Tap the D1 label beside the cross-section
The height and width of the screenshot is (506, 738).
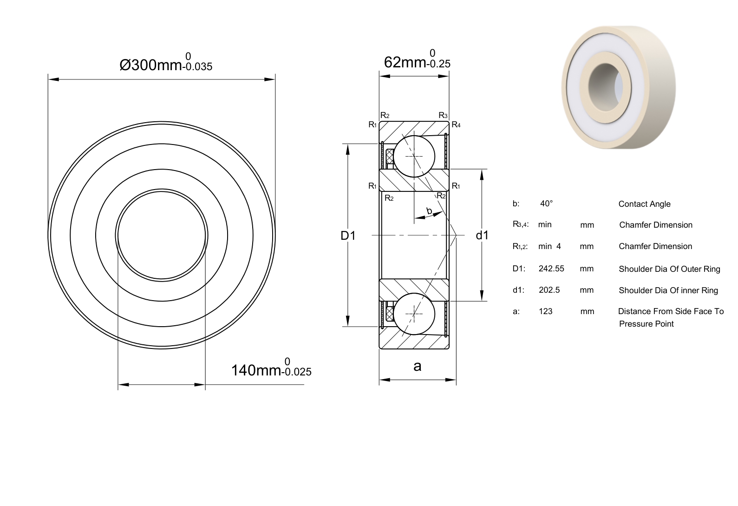point(348,236)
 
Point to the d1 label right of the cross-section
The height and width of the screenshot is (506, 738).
point(482,235)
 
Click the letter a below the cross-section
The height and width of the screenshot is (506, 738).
point(417,366)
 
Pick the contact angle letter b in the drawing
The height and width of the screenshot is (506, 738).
point(429,210)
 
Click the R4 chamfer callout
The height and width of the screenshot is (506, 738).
point(456,125)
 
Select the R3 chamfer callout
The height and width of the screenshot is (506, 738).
point(443,115)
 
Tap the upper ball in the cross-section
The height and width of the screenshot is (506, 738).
point(414,156)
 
